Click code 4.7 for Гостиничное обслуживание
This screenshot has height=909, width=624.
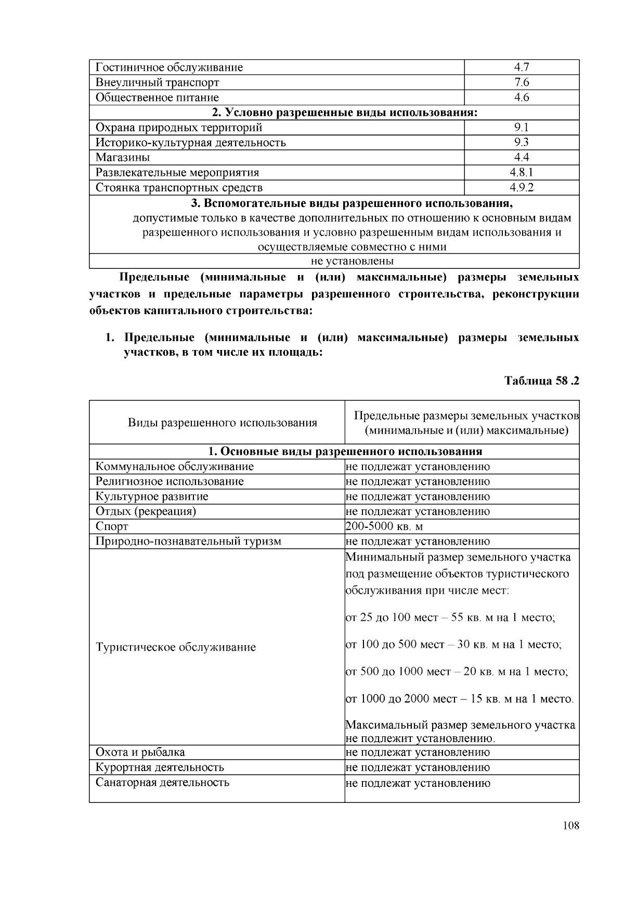coord(521,67)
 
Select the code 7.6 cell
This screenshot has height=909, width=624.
coord(521,82)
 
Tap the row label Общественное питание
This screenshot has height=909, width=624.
coord(157,97)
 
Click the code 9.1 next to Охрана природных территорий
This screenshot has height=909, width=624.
coord(521,127)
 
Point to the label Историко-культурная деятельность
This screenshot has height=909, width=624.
coord(190,142)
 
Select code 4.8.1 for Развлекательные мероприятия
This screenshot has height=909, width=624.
coord(521,173)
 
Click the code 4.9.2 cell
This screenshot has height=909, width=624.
coord(521,188)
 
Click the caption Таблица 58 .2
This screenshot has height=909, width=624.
coord(542,381)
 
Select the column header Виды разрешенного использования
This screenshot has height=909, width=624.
coord(223,422)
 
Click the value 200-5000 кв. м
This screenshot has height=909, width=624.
coord(384,526)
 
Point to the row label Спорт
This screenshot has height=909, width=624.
coord(112,526)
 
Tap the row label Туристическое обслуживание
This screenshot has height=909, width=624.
coord(176,647)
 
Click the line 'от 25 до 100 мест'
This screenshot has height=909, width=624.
coord(450,618)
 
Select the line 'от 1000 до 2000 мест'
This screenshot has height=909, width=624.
coord(460,698)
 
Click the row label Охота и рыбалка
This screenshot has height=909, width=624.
coord(140,752)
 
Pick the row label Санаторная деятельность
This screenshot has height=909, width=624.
coord(162,783)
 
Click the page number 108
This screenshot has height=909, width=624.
coord(570,826)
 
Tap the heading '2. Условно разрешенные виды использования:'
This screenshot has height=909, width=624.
coord(334,112)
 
